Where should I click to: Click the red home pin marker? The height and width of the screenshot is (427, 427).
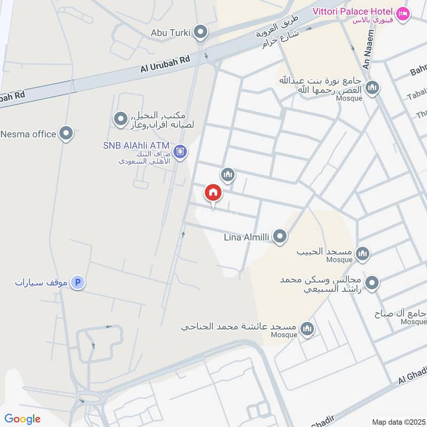(213, 192)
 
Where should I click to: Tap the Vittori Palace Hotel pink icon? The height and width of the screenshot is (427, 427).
(403, 12)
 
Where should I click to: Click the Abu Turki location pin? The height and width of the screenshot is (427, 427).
(201, 32)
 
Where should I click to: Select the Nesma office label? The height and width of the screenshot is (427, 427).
(28, 134)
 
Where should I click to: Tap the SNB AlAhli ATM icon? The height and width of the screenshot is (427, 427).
(180, 152)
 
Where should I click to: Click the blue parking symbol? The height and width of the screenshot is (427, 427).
(78, 282)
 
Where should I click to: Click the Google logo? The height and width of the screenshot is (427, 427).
(22, 419)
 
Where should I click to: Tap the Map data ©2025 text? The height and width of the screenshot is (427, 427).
(398, 422)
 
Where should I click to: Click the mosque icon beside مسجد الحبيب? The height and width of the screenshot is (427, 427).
(362, 253)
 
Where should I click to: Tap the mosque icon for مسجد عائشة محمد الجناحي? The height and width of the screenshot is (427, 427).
(306, 328)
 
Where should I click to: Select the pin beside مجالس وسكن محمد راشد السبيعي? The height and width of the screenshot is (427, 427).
(372, 283)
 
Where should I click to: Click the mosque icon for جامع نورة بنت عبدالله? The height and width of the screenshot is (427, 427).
(372, 88)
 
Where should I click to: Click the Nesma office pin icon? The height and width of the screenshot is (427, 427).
(66, 133)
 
